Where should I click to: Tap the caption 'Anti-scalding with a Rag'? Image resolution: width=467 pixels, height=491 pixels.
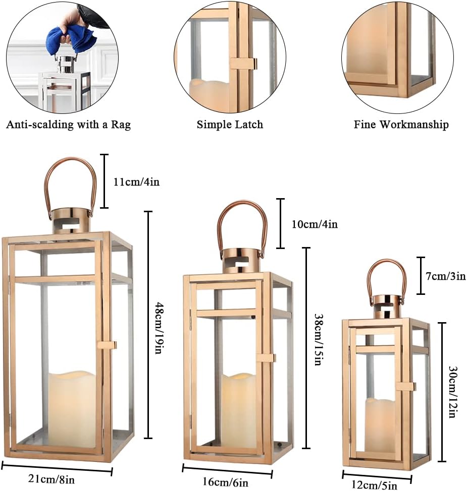[68, 125]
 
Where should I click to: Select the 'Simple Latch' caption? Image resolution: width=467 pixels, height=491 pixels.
[230, 125]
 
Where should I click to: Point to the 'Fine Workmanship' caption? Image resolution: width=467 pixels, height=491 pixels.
[401, 125]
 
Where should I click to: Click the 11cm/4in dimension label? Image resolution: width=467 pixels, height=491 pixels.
[136, 181]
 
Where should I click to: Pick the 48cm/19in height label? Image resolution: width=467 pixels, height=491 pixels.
[160, 328]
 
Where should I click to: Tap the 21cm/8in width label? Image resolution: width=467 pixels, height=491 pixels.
[51, 479]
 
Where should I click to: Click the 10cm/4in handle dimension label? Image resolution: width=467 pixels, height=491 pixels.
[315, 224]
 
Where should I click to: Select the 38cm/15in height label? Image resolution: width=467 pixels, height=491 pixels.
[319, 340]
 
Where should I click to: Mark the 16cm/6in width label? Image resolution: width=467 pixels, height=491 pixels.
[225, 482]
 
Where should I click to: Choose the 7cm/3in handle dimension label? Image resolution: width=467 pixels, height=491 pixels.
[445, 276]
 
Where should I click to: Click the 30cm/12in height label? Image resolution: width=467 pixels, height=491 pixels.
[452, 392]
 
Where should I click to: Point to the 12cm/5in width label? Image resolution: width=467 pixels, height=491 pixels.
[374, 485]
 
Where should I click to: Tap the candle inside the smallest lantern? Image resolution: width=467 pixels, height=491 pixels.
[380, 426]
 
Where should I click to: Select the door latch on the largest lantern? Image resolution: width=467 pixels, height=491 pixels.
[107, 345]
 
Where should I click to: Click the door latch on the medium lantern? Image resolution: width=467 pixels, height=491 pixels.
[266, 358]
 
